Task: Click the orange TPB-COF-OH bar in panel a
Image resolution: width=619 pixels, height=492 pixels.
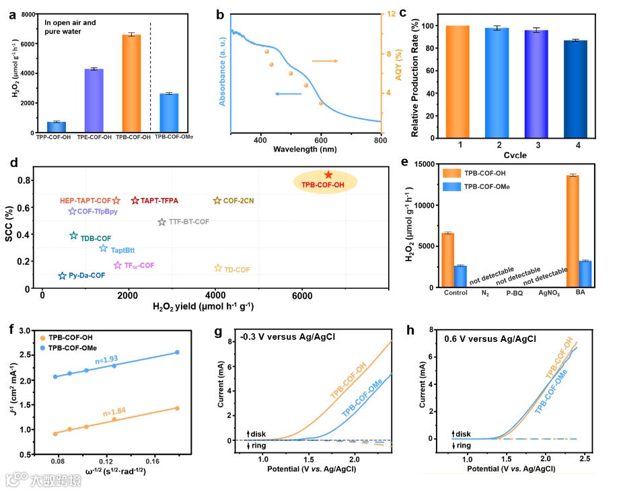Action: point(132,83)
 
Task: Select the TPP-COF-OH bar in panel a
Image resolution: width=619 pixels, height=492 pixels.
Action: point(57,127)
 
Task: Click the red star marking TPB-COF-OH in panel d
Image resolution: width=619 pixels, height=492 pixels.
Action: point(328,175)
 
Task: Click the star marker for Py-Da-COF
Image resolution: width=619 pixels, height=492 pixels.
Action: point(63,276)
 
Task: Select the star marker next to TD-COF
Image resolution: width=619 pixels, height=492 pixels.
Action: point(218,269)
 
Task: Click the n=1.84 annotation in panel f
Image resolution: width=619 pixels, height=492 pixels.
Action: point(108,411)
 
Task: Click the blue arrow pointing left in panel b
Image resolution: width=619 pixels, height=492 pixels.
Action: point(287,94)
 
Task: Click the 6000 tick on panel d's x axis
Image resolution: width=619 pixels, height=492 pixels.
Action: point(301,296)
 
